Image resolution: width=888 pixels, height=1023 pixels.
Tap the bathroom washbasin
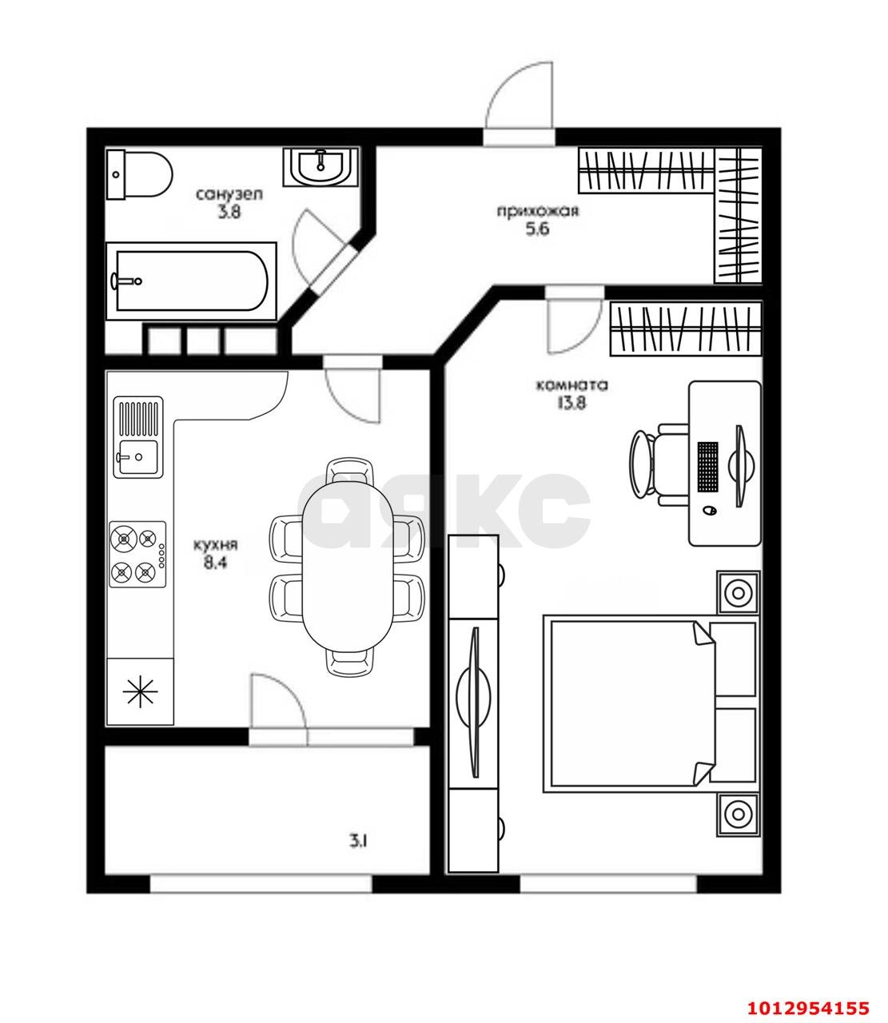pyautogui.click(x=321, y=167)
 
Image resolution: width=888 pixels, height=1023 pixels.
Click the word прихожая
pyautogui.click(x=537, y=212)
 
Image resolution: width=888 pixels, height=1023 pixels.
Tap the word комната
pyautogui.click(x=571, y=385)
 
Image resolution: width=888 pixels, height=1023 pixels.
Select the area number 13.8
pyautogui.click(x=571, y=403)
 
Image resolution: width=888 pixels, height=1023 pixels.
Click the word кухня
pyautogui.click(x=216, y=545)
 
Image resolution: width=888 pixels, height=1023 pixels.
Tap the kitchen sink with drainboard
pyautogui.click(x=137, y=437)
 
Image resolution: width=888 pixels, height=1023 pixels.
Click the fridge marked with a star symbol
pyautogui.click(x=141, y=691)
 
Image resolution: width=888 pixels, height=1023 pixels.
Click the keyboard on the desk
pyautogui.click(x=707, y=466)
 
